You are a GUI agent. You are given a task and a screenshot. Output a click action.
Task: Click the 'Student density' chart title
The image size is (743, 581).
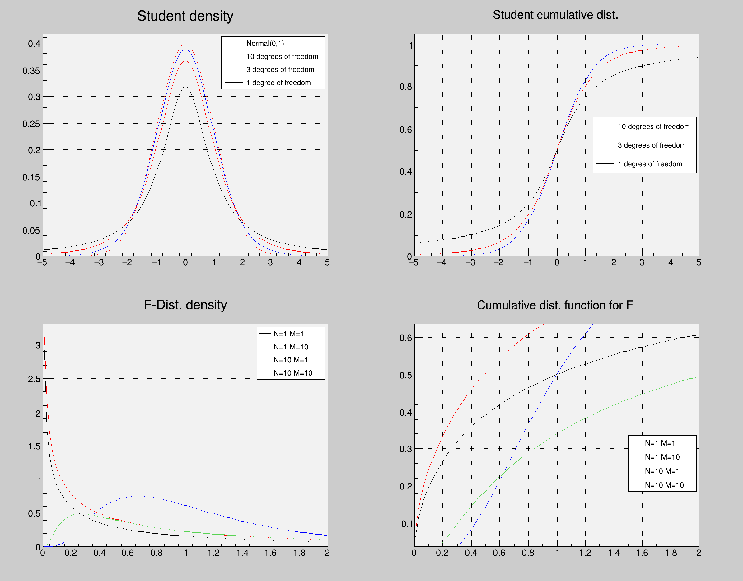[185, 16]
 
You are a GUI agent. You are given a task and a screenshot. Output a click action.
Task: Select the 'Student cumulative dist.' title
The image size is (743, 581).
[555, 15]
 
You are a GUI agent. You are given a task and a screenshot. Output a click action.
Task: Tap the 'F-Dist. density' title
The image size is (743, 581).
[185, 305]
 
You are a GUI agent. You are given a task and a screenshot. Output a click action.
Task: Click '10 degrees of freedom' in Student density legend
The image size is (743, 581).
[282, 56]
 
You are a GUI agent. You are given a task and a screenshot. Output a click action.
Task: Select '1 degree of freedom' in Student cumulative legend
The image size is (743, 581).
[650, 164]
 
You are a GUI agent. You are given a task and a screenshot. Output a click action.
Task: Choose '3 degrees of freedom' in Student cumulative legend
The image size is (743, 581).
[652, 145]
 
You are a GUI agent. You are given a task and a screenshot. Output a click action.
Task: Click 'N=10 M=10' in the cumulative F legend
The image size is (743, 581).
[664, 485]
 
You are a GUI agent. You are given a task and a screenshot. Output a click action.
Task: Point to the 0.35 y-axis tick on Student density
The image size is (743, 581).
[31, 71]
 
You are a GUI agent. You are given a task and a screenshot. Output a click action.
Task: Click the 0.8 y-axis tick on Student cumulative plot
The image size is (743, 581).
[405, 87]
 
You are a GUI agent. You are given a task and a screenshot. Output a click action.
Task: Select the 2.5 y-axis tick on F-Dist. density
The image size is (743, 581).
[34, 379]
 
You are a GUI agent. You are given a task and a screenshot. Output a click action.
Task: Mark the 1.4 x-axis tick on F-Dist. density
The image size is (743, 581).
[243, 553]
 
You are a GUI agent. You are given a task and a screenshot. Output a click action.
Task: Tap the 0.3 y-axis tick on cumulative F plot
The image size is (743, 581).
[405, 449]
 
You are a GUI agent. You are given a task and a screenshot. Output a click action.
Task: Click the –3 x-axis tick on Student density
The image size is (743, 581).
[99, 262]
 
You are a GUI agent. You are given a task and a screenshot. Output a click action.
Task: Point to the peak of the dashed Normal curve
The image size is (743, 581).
[185, 44]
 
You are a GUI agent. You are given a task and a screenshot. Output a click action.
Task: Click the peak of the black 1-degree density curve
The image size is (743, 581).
[185, 87]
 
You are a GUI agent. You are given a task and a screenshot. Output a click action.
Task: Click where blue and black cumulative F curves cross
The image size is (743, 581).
[557, 374]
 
